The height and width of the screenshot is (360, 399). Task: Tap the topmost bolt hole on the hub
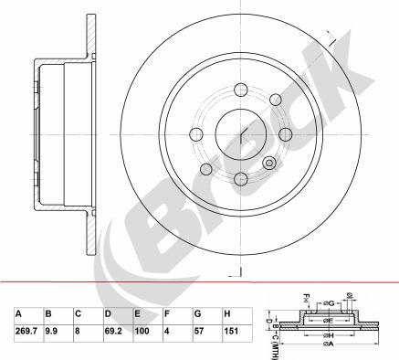click(x=242, y=90)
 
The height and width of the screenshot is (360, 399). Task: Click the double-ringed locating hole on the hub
click(x=269, y=162)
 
